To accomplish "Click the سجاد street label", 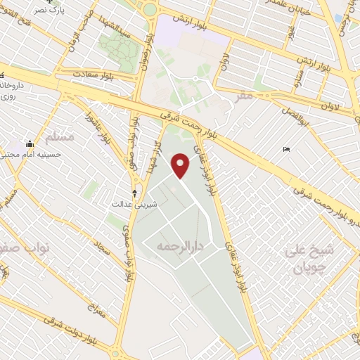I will click(103, 247).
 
